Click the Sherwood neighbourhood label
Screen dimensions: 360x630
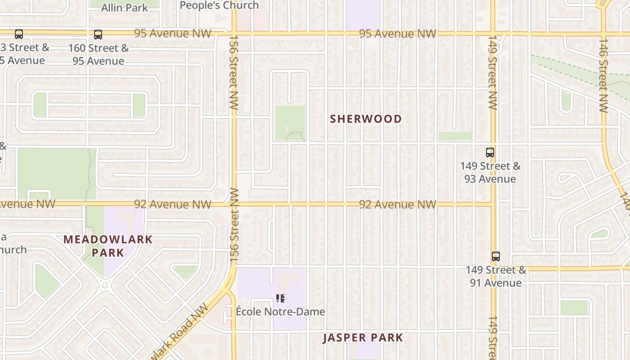tap(366, 119)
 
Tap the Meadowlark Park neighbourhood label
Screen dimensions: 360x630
tap(108, 246)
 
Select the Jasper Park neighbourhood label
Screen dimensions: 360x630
tap(363, 338)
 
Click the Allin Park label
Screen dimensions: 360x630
tap(124, 8)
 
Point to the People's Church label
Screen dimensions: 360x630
tap(219, 5)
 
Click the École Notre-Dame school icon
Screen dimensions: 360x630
tap(280, 298)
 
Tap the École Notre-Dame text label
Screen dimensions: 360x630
tap(280, 311)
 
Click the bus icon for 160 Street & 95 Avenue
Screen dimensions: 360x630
tap(98, 34)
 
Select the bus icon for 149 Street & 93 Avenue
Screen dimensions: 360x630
tap(490, 153)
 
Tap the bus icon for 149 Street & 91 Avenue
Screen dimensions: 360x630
tap(495, 256)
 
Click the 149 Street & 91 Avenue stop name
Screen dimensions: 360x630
tap(495, 276)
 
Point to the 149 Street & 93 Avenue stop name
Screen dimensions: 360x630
tap(490, 172)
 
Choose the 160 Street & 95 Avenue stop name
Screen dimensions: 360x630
tap(98, 54)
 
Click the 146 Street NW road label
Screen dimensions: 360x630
tap(603, 75)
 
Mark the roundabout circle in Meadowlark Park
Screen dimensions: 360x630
tap(105, 285)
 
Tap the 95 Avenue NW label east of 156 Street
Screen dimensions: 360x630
tap(397, 34)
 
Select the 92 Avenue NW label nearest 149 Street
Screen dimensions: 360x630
tap(397, 205)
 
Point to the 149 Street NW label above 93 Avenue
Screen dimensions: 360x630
tap(493, 72)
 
